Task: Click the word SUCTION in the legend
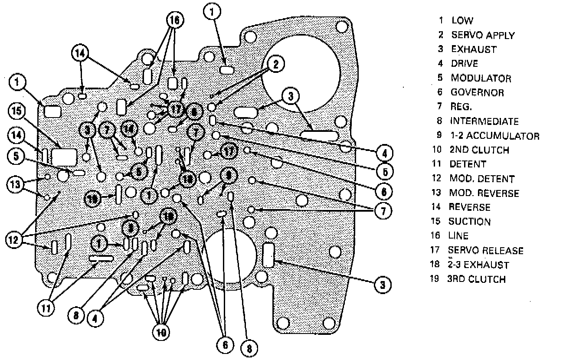pos(469,222)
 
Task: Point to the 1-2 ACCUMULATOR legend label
pos(494,136)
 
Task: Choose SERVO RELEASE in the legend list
pos(485,250)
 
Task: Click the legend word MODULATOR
pos(481,78)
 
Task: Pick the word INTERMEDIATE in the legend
pos(484,121)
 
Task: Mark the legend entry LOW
pos(462,20)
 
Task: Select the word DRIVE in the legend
pos(465,63)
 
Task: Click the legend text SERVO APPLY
pos(483,35)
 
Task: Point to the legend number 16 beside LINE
pos(435,236)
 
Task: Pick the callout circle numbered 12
pos(15,239)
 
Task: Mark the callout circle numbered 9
pos(229,176)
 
